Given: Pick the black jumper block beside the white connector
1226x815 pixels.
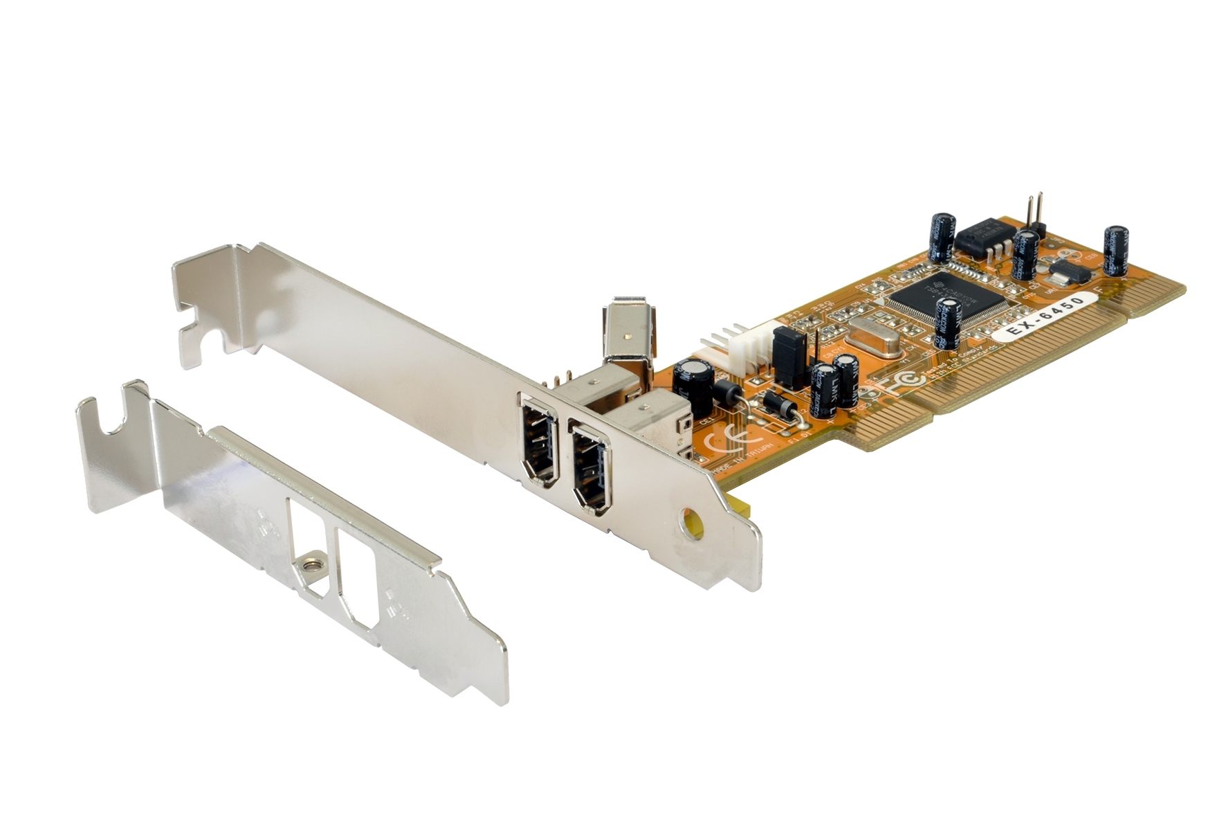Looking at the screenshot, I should [789, 359].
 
